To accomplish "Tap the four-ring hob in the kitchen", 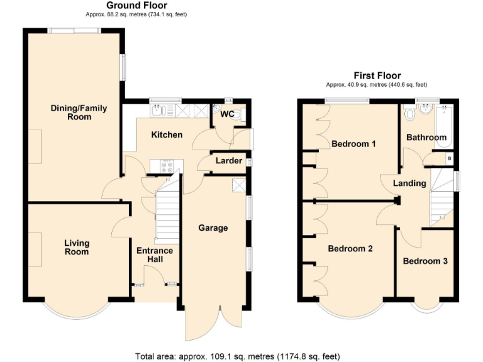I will coord(168,167).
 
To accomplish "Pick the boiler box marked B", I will coord(448,158).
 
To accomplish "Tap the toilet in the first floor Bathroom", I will coord(410,114).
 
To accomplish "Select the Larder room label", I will coord(229,161).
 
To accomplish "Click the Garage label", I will coord(213,228).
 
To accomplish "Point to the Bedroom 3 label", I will coord(425,261).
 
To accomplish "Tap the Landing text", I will coord(409,184).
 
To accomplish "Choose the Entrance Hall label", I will coord(155,255).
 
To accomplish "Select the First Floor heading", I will coord(377,75).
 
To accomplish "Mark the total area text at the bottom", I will coord(237,356).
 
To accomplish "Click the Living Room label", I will coord(76,248).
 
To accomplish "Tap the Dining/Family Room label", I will coord(79,112).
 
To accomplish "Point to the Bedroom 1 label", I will coord(353,144).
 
